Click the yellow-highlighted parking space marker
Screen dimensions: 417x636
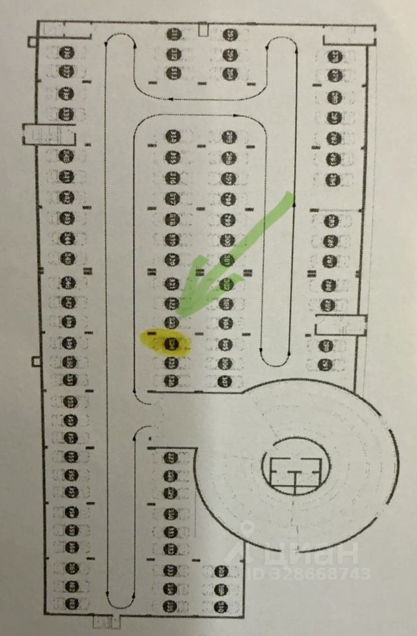point(172,344)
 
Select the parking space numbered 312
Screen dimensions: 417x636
point(170,549)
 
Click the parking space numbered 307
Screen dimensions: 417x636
point(170,457)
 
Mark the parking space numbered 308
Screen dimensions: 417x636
point(170,475)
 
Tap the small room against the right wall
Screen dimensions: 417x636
point(339,326)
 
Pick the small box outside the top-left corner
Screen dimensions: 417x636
point(32,42)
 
